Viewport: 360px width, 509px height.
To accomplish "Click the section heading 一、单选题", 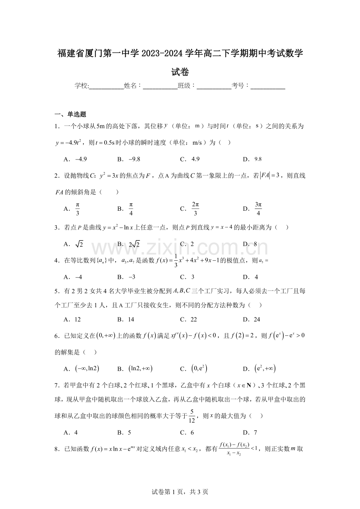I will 70,114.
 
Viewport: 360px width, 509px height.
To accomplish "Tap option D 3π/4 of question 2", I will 254,209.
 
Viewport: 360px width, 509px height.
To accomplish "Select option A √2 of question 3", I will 74,244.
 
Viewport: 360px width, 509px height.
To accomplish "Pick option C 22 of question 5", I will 189,319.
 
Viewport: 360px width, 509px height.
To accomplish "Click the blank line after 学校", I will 106,86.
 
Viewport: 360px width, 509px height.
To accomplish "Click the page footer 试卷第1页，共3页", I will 180,492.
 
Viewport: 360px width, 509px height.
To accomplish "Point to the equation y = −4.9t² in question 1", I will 68,143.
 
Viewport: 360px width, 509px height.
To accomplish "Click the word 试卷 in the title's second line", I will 180,72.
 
